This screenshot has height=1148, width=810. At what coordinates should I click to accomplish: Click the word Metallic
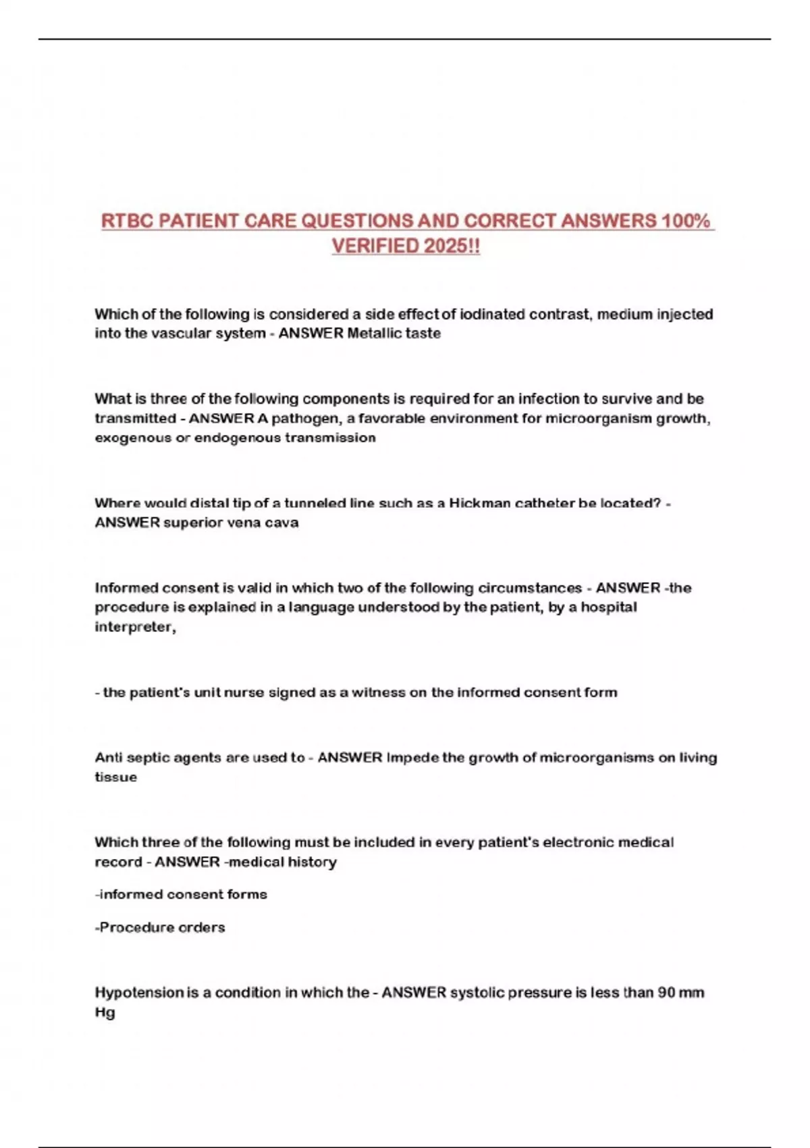click(x=375, y=334)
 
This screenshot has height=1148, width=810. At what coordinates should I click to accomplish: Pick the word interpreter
click(x=134, y=627)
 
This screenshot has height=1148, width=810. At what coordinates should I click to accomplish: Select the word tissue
click(x=115, y=777)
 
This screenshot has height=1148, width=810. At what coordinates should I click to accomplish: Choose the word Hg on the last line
click(x=105, y=1012)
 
